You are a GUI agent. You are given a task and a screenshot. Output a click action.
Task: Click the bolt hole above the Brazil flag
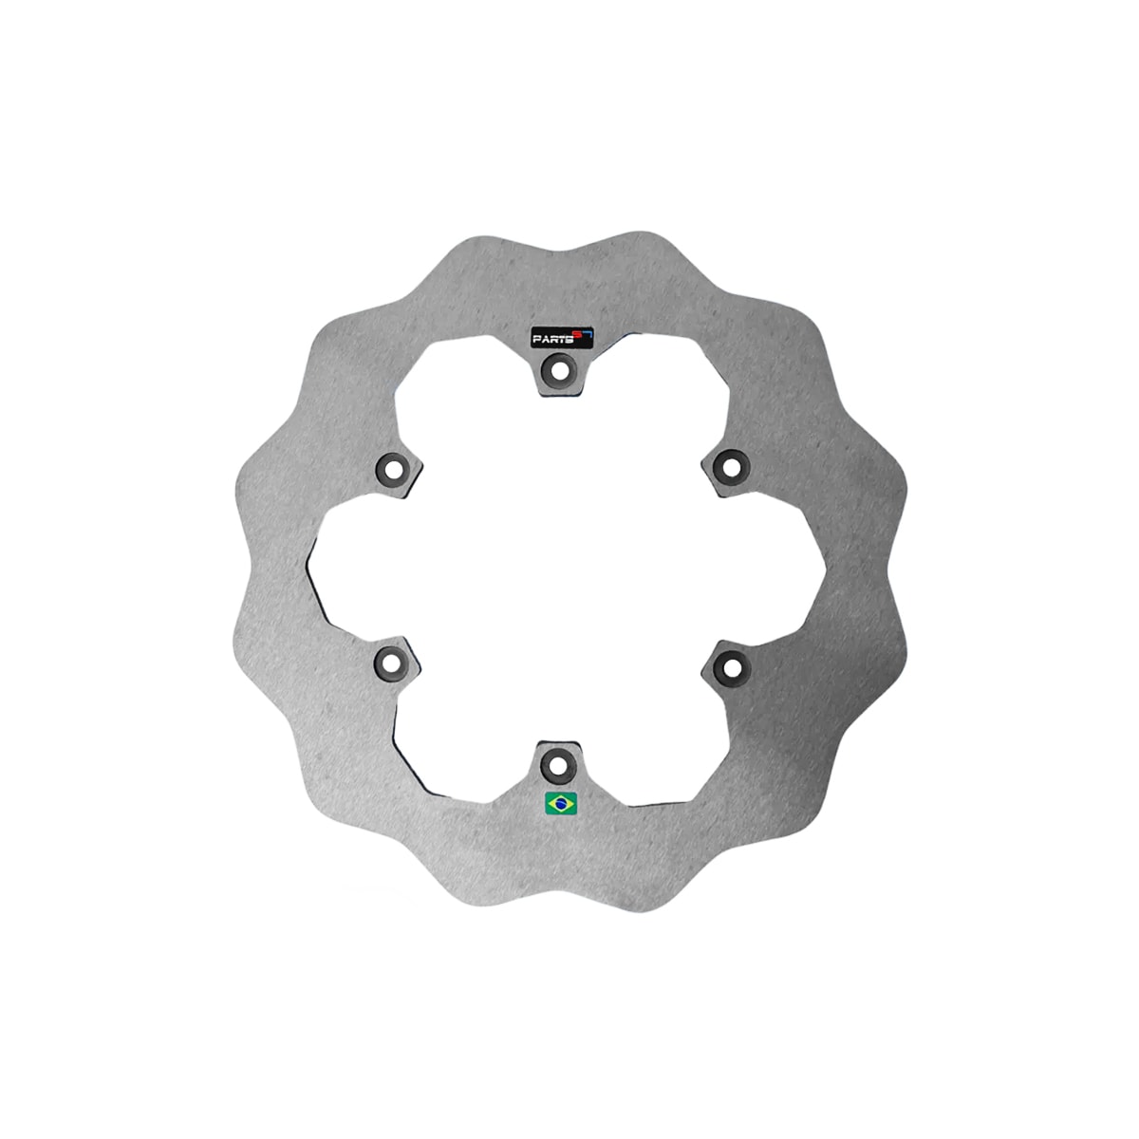(x=558, y=763)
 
